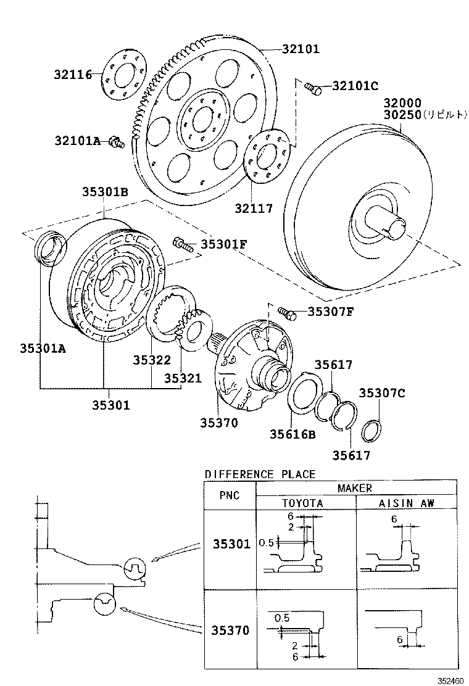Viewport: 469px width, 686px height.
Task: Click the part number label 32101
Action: pos(294,49)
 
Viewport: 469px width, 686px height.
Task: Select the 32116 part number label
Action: pos(72,75)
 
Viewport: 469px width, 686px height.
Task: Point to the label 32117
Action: pos(253,209)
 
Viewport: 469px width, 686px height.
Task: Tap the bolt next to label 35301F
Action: pos(183,244)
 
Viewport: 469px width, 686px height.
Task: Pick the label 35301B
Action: pos(105,192)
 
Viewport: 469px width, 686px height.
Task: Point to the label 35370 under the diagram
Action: pos(218,423)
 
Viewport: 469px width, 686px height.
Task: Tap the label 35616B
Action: pos(292,434)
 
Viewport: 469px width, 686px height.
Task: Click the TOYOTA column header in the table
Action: pos(302,503)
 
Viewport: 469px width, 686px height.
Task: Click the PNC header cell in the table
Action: pos(229,495)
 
